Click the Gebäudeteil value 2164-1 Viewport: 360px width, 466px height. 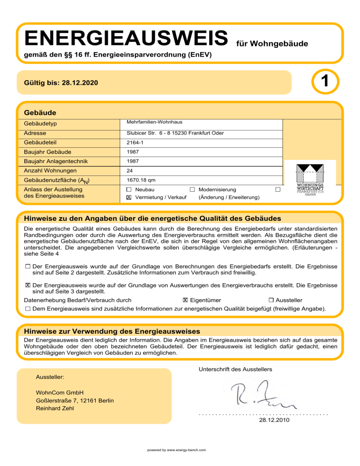[136, 143]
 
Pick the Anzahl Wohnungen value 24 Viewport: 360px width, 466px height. [130, 171]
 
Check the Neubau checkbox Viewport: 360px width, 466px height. [129, 189]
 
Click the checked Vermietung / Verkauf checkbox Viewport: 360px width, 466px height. [129, 197]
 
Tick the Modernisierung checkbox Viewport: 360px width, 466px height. [192, 189]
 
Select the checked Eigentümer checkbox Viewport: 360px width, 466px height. [186, 300]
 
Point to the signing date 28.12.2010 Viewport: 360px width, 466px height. [274, 420]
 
